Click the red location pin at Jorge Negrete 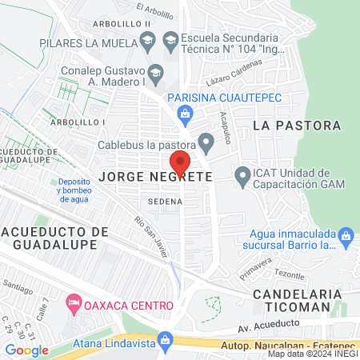pyautogui.click(x=180, y=162)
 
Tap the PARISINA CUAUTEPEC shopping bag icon pyautogui.click(x=186, y=114)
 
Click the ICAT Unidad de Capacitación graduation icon pyautogui.click(x=242, y=174)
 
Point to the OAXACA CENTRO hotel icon pyautogui.click(x=73, y=305)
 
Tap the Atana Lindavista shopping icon pyautogui.click(x=166, y=342)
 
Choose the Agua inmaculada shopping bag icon pyautogui.click(x=346, y=236)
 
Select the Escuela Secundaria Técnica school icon pyautogui.click(x=170, y=38)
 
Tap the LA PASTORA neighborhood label pyautogui.click(x=297, y=126)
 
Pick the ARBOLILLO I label pyautogui.click(x=78, y=122)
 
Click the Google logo pyautogui.click(x=26, y=350)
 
